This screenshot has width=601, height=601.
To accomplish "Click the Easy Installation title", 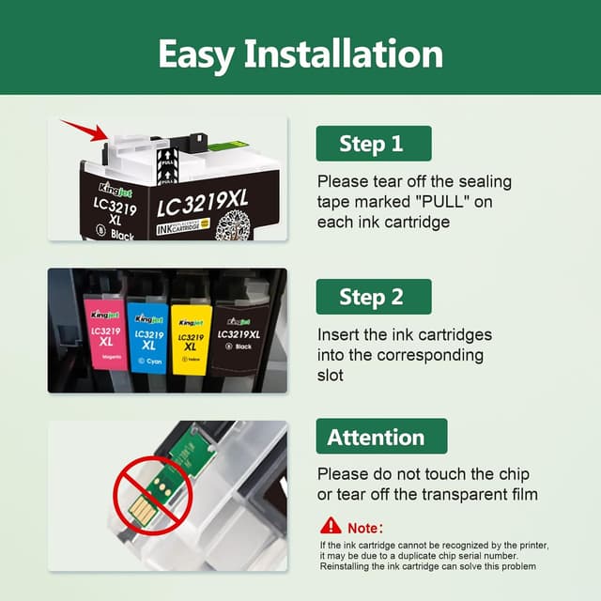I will click(300, 54).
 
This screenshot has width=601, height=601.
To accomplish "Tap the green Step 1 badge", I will click(373, 144).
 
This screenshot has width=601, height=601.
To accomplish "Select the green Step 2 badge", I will click(373, 297).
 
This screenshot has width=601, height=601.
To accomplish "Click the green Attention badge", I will click(376, 437).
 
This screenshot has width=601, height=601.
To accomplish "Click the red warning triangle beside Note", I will click(331, 526).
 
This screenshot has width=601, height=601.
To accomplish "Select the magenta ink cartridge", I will click(105, 333).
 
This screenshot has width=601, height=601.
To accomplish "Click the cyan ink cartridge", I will click(148, 333).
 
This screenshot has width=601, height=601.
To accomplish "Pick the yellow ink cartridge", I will click(190, 333).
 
